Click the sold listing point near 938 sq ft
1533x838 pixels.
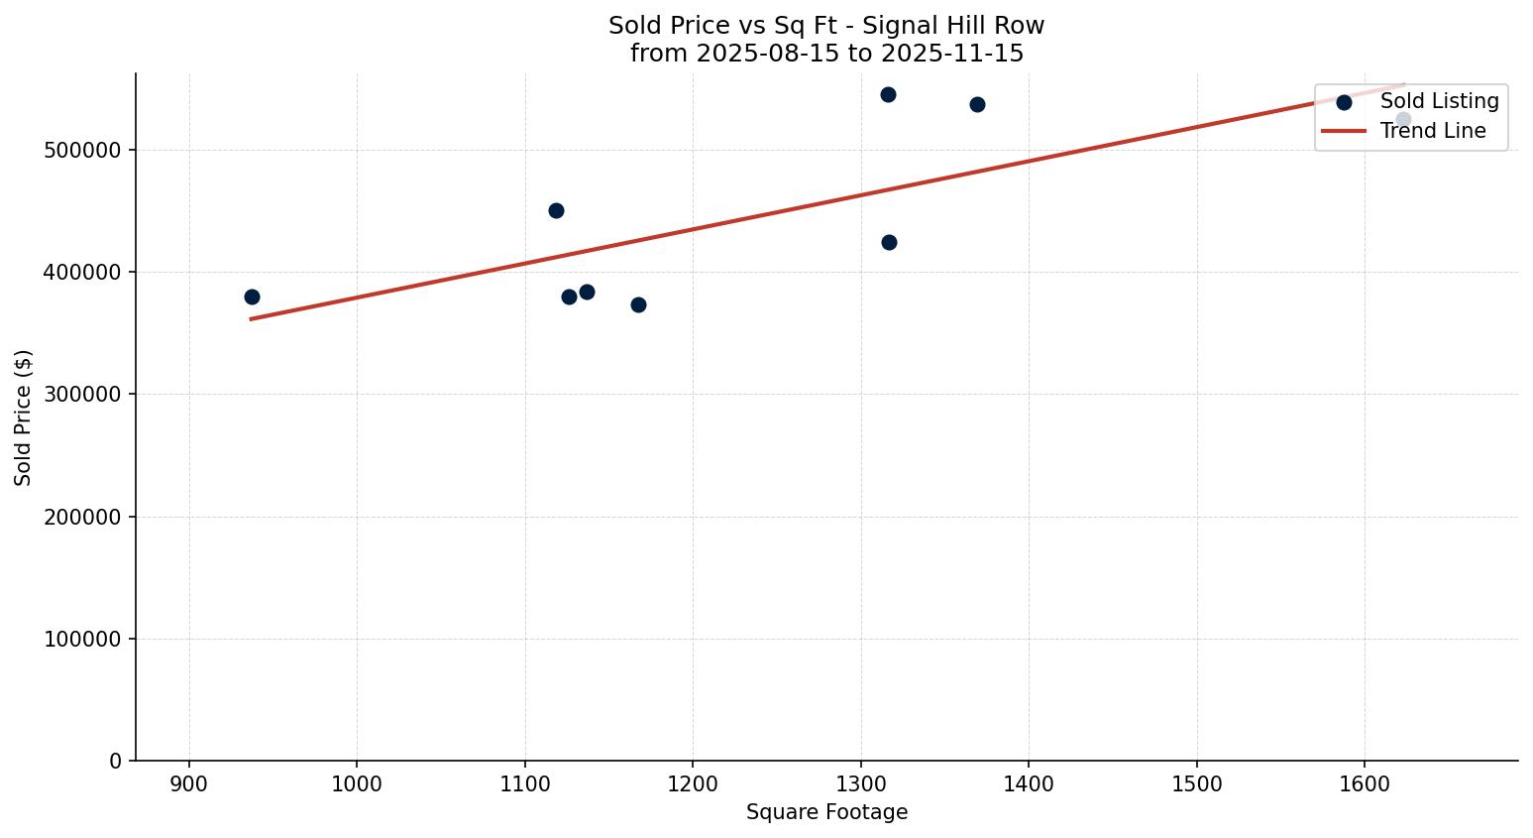coord(252,297)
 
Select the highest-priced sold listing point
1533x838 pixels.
coord(888,94)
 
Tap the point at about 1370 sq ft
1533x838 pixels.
coord(977,104)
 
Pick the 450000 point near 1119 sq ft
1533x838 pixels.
coord(556,210)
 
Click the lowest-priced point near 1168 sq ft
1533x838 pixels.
coord(638,304)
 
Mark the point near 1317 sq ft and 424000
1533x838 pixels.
coord(889,242)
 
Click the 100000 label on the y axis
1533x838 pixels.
coord(83,639)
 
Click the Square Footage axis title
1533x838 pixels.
coord(826,812)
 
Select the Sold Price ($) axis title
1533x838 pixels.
coord(23,418)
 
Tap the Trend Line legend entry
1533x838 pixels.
coord(1433,131)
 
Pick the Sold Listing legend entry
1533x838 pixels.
coord(1439,101)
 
